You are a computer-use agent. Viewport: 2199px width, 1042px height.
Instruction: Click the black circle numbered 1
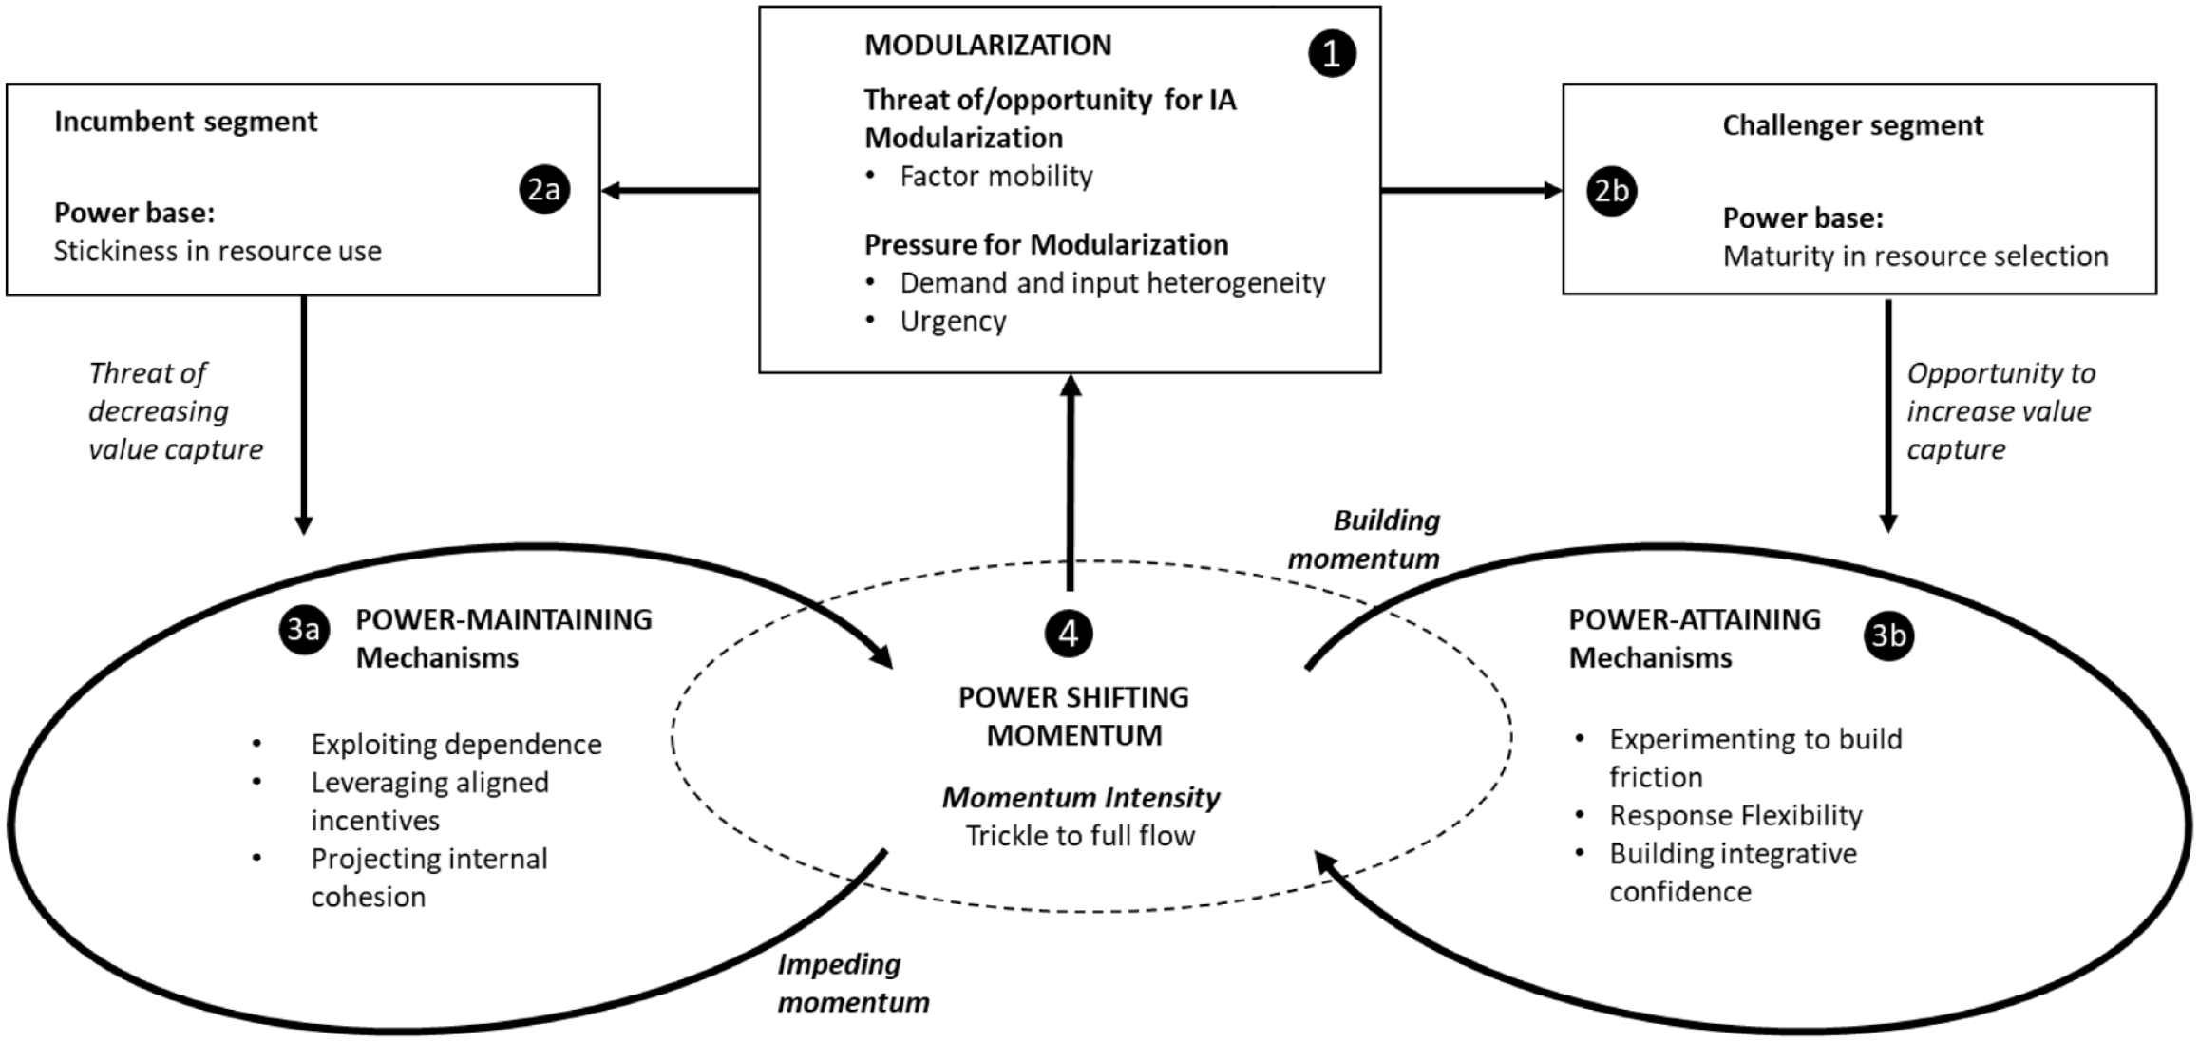coord(1332,53)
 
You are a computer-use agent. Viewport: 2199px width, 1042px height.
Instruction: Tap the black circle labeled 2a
coord(544,190)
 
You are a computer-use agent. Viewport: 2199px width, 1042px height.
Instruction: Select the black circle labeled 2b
coord(1612,191)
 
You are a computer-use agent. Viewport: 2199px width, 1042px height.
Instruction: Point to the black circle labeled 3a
coord(304,631)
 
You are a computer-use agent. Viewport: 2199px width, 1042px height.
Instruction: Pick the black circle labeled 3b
coord(1888,635)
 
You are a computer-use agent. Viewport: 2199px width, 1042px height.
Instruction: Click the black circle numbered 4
coord(1069,633)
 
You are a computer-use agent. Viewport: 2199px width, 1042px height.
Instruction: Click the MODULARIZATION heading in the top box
coord(988,45)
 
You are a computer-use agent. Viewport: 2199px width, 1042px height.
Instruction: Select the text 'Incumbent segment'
coord(185,123)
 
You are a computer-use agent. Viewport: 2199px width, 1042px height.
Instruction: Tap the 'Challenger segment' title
coord(1853,125)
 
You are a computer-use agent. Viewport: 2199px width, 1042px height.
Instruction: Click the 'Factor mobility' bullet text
coord(996,177)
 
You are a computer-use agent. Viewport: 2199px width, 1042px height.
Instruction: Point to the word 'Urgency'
coord(953,321)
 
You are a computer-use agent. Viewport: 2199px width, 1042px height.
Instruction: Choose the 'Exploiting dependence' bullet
coord(456,744)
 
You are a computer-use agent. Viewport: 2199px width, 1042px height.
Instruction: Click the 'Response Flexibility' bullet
coord(1735,815)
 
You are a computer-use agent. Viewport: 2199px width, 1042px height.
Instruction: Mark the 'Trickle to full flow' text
coord(1080,836)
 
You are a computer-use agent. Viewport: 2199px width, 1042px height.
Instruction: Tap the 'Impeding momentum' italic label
coord(853,983)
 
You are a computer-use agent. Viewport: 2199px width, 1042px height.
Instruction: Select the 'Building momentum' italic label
coord(1364,540)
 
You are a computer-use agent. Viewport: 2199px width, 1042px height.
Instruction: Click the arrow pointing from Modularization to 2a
coord(680,191)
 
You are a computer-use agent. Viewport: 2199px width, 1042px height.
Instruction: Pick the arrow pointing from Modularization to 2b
coord(1471,191)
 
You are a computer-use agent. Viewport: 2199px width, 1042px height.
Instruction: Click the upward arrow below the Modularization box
coord(1071,483)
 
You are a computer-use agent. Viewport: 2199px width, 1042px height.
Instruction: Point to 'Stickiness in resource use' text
coord(218,252)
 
